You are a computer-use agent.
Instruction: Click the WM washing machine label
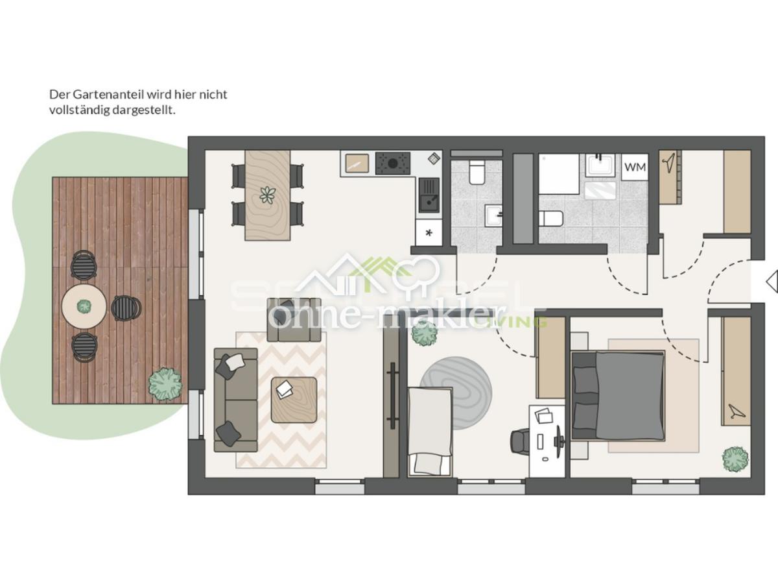[x=635, y=167]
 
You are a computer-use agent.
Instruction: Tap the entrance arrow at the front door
[x=771, y=282]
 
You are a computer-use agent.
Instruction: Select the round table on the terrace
[x=84, y=307]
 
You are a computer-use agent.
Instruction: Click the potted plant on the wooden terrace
[x=165, y=383]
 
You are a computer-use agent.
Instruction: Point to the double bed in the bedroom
[x=618, y=395]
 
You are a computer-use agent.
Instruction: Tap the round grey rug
[x=456, y=393]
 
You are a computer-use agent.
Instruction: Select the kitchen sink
[x=429, y=195]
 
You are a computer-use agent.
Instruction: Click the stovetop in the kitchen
[x=394, y=163]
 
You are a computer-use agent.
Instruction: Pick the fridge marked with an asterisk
[x=429, y=232]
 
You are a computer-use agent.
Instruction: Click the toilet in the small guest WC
[x=477, y=171]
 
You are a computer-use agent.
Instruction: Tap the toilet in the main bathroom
[x=551, y=218]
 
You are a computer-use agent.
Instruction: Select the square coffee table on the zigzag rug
[x=294, y=399]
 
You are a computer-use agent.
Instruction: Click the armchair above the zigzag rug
[x=294, y=320]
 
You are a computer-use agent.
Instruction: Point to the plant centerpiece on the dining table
[x=267, y=194]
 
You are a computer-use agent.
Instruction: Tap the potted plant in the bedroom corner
[x=735, y=459]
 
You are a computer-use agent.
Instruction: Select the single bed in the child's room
[x=430, y=430]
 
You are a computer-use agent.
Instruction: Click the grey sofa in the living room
[x=236, y=399]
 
